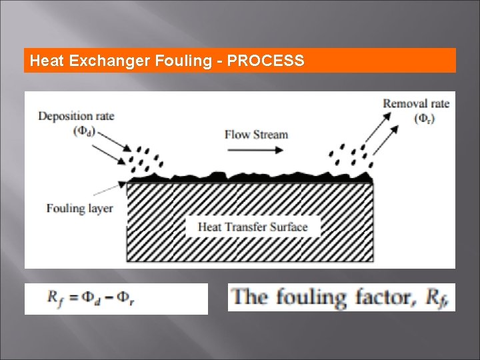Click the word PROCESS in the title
click(266, 61)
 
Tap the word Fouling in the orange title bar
click(183, 61)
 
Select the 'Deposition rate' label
click(76, 116)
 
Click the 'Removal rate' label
click(416, 103)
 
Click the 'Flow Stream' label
click(256, 134)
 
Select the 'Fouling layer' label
click(79, 208)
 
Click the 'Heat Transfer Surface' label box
click(253, 227)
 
